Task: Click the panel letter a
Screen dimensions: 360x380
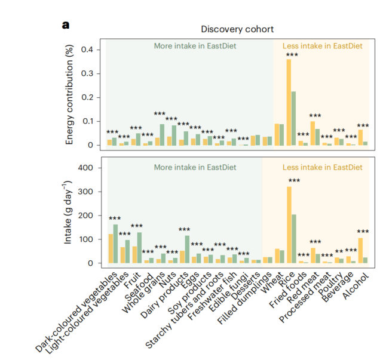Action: [65, 25]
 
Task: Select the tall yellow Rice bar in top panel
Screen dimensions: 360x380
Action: [289, 102]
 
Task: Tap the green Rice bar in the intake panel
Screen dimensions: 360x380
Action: [294, 238]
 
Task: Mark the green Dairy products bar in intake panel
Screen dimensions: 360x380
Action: [187, 249]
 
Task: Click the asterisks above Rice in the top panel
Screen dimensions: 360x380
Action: [292, 55]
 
